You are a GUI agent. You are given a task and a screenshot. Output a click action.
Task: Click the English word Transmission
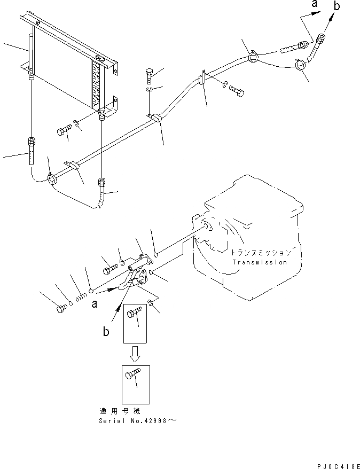[x=260, y=262]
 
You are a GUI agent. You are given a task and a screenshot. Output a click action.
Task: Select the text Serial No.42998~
[x=137, y=420]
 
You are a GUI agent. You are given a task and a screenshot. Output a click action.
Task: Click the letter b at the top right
[x=336, y=6]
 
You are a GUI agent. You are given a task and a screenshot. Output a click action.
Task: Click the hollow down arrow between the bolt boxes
[x=136, y=353]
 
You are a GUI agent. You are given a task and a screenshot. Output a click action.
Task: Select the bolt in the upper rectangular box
[x=134, y=316]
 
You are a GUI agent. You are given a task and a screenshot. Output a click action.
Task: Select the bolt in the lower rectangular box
[x=134, y=377]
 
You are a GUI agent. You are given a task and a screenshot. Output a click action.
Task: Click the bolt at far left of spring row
[x=61, y=308]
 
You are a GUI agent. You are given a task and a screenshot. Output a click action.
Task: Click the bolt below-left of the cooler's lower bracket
[x=64, y=130]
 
